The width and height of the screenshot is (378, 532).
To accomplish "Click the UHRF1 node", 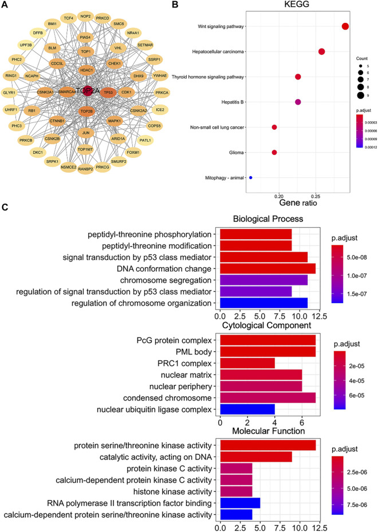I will point(11,109).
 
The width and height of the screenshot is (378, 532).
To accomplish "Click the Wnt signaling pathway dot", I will point(345,26).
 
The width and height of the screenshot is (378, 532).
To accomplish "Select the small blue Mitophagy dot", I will point(251,178).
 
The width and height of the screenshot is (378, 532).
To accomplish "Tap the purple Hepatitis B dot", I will point(298,102).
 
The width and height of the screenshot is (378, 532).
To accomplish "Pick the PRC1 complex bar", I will point(247,363).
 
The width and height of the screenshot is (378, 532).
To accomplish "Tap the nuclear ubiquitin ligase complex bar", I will point(247,409).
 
